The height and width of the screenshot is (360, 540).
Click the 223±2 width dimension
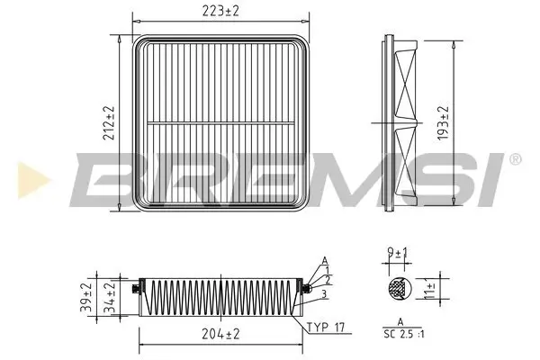click(214, 10)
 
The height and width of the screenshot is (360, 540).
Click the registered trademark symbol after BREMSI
click(514, 159)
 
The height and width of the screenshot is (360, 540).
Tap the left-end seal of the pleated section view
click(134, 288)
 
